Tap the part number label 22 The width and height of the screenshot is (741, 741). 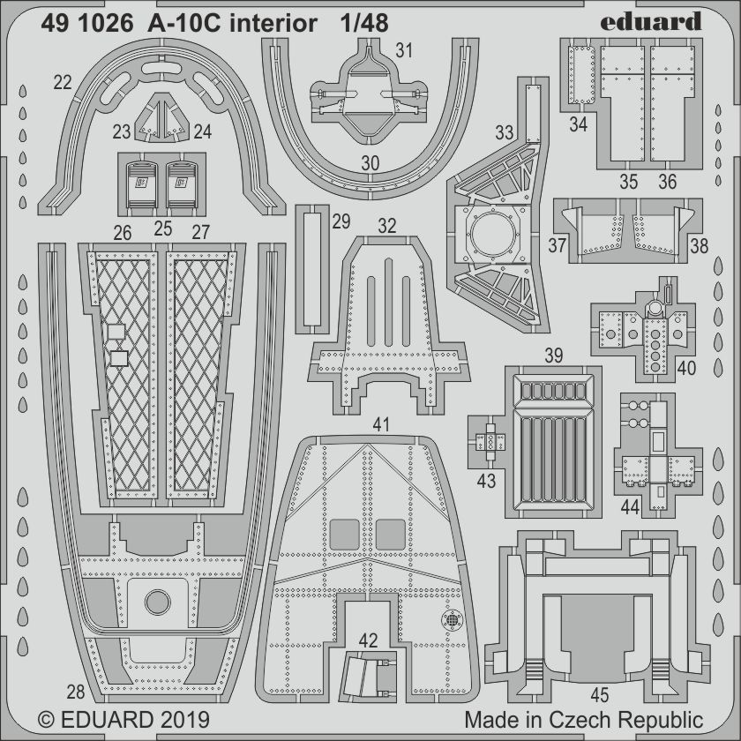[x=63, y=83]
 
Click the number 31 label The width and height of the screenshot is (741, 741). [x=404, y=51]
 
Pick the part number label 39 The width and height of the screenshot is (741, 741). [x=553, y=356]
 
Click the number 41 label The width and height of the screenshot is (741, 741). [x=380, y=425]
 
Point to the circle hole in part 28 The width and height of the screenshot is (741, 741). [x=157, y=603]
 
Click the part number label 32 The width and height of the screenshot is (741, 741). [x=387, y=226]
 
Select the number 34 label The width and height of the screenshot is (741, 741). [x=578, y=125]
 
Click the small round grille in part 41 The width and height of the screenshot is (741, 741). [x=453, y=620]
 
